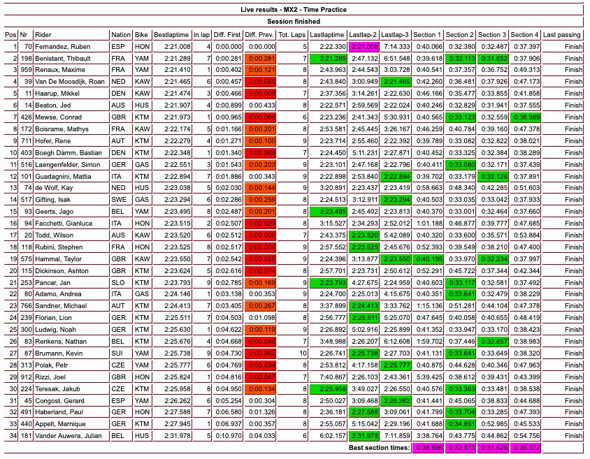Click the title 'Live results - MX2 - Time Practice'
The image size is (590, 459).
point(294,10)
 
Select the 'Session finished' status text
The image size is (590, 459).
point(294,22)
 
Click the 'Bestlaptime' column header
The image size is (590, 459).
point(171,34)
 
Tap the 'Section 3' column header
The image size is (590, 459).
point(492,34)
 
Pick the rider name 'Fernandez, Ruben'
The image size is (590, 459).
point(62,47)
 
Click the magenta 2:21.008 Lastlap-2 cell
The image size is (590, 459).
point(364,47)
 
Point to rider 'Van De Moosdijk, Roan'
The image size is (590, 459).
point(70,82)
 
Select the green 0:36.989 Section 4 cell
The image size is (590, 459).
point(525,117)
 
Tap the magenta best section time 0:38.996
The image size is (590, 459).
point(427,448)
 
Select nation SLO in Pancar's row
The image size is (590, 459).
point(120,283)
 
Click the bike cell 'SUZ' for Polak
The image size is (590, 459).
point(141,365)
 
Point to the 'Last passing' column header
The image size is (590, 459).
point(561,34)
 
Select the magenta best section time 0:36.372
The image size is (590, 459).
point(525,448)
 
